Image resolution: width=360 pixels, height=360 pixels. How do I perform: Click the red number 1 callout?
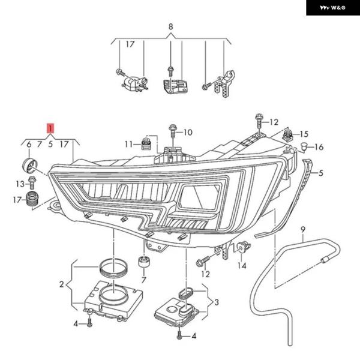pos(51,128)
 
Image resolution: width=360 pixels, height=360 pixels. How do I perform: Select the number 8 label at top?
pos(170,27)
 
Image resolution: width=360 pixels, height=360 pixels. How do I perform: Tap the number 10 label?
pos(187,132)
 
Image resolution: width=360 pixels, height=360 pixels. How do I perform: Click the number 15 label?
pos(304,134)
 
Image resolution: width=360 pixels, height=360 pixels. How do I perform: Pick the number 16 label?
pos(319,147)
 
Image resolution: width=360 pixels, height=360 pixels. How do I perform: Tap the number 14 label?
pos(242,265)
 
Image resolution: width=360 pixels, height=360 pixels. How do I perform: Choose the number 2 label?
pos(61,284)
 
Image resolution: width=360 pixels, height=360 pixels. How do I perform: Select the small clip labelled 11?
pos(144,143)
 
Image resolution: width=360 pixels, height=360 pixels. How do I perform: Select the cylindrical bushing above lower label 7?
pos(144,263)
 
